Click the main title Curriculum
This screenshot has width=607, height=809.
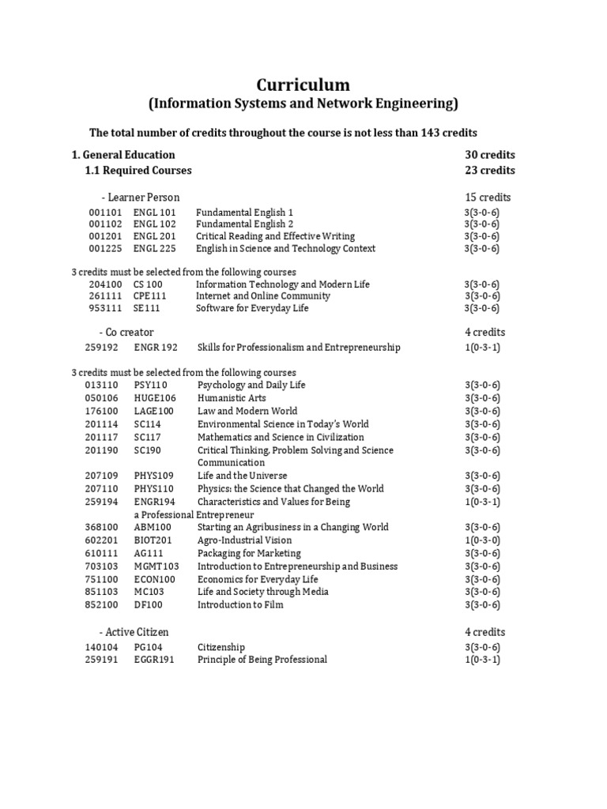click(303, 85)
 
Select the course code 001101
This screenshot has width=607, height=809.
click(105, 213)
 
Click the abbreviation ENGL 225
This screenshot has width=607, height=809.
click(155, 248)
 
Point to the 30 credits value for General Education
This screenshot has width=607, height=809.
click(490, 155)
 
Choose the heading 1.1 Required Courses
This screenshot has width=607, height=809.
click(138, 170)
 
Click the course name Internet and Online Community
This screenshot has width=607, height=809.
click(263, 296)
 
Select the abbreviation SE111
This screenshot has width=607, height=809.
click(146, 308)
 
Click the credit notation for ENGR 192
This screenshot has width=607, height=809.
click(482, 348)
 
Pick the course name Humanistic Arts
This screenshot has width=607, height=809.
click(232, 398)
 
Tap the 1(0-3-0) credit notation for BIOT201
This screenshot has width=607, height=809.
click(482, 540)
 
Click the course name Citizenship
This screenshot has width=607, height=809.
click(221, 647)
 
